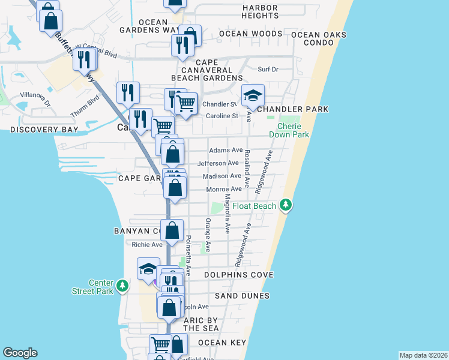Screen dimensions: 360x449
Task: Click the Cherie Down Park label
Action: click(x=293, y=130)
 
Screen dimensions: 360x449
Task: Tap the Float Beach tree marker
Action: click(x=287, y=205)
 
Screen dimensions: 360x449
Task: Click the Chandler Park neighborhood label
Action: click(x=292, y=109)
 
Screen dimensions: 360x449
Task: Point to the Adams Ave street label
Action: click(x=226, y=150)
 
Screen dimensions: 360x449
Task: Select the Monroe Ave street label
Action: click(x=224, y=189)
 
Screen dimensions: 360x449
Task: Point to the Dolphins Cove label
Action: click(x=238, y=275)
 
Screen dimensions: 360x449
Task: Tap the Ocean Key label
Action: click(x=222, y=343)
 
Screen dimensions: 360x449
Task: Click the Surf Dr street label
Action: click(x=268, y=70)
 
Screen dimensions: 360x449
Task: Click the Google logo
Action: click(x=20, y=353)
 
